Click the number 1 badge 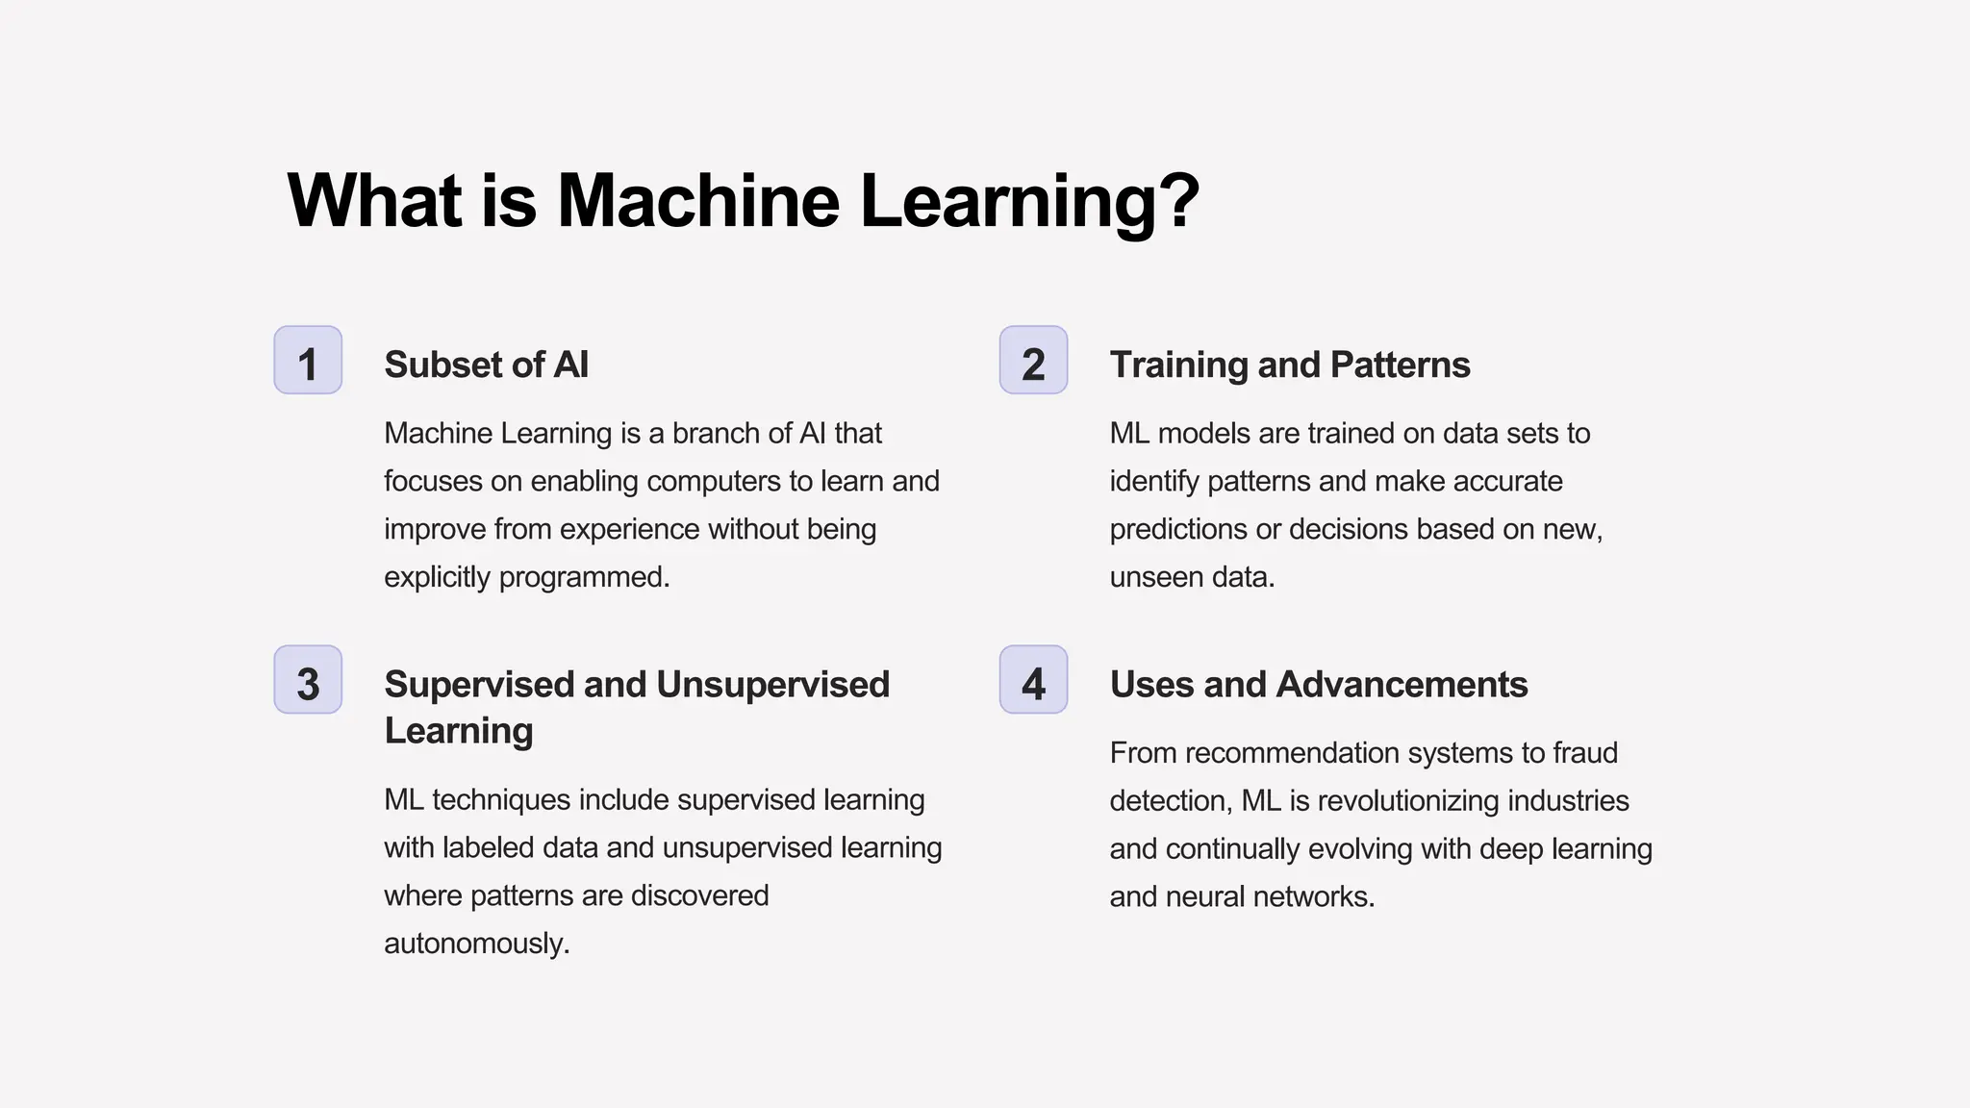[308, 361]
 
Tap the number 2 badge [1033, 361]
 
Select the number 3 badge [308, 680]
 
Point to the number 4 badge [1033, 680]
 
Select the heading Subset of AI [486, 365]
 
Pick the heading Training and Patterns [1289, 365]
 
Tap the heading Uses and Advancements [1318, 685]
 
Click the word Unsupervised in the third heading [773, 685]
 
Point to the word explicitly [437, 577]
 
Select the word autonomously [476, 944]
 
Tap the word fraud [1586, 753]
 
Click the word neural [1202, 896]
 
